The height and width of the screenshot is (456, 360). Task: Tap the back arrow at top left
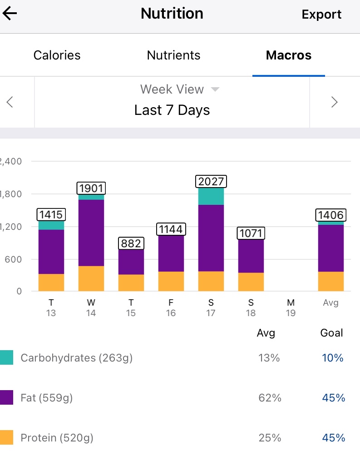[10, 14]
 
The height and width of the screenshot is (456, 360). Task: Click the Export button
[321, 15]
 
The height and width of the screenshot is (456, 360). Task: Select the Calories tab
[57, 55]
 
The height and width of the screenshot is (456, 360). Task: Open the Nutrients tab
[173, 55]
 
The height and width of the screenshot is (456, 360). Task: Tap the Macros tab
[289, 55]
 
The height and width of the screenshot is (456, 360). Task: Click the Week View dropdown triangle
[215, 89]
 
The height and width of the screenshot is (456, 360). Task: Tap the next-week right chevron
[335, 102]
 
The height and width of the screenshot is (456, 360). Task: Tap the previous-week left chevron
[10, 102]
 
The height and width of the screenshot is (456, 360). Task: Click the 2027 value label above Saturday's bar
[211, 182]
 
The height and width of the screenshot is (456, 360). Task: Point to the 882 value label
[131, 243]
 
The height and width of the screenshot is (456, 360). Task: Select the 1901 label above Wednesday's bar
[91, 188]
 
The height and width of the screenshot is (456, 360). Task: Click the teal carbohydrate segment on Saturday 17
[211, 196]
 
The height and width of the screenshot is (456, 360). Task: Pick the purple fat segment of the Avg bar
[331, 248]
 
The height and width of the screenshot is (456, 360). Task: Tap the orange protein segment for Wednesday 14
[91, 278]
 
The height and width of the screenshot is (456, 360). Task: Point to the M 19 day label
[291, 307]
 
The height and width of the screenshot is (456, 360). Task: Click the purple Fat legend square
[7, 398]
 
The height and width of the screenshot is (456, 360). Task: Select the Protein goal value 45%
[334, 438]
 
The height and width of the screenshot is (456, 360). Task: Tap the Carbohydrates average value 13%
[269, 358]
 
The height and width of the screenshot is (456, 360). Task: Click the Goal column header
[331, 333]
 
